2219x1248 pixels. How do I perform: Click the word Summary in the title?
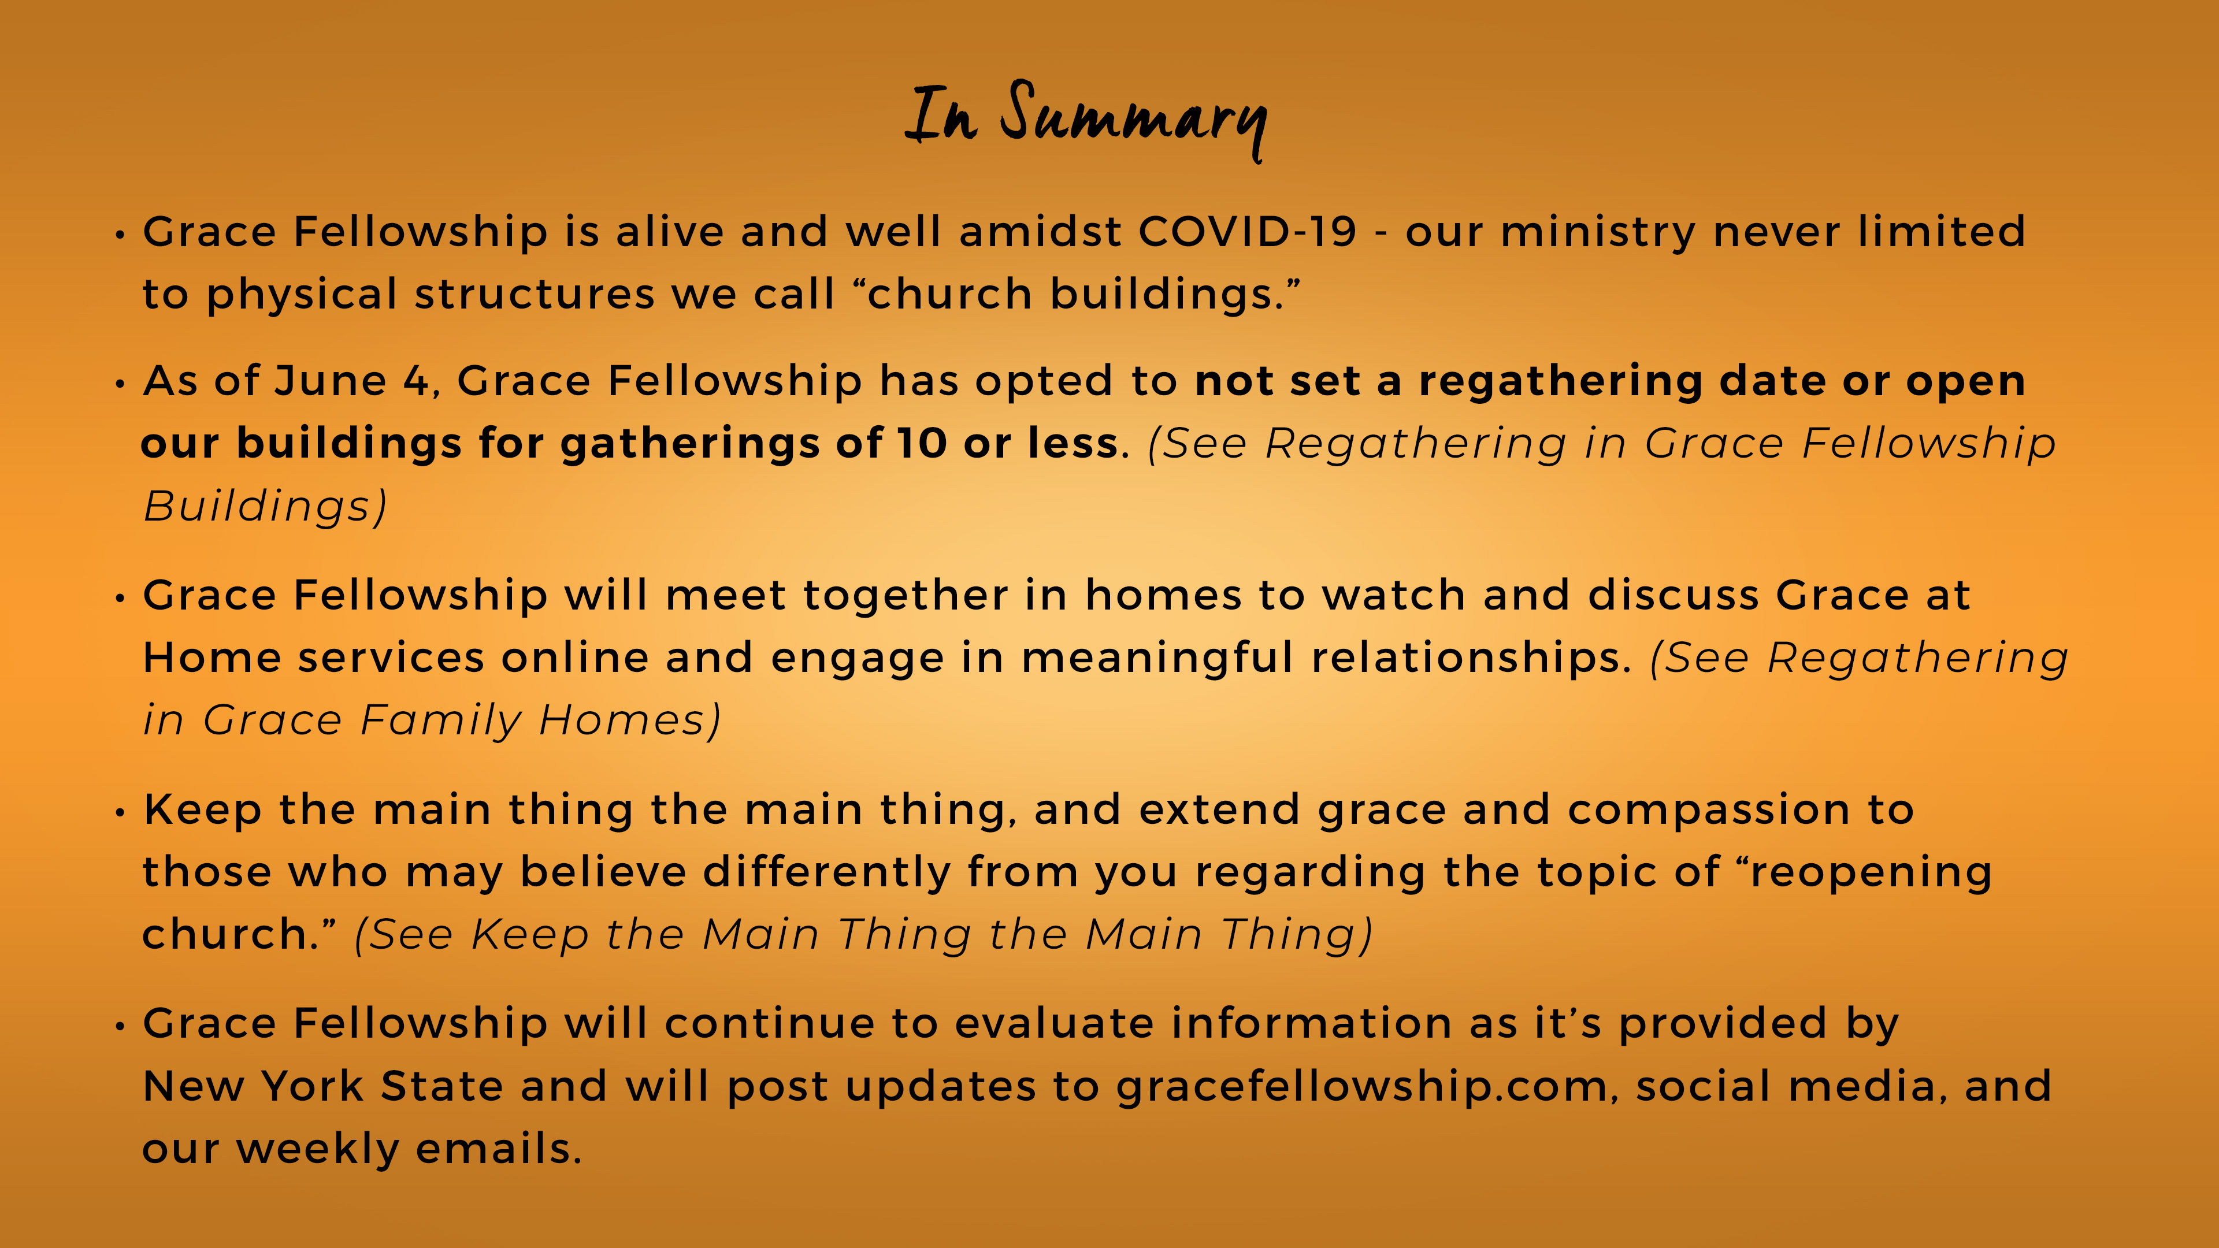1134,121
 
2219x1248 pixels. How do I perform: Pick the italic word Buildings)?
265,507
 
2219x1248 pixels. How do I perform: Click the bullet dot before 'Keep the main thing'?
121,812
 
